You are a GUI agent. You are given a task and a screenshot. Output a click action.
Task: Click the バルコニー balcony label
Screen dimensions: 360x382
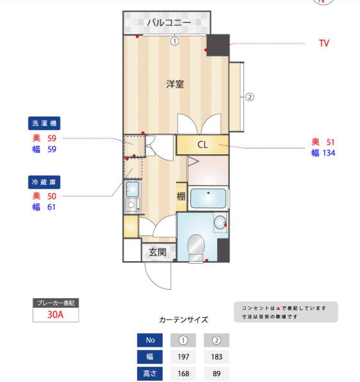[x=168, y=22]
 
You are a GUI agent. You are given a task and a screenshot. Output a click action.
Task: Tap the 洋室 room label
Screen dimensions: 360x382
[x=175, y=84]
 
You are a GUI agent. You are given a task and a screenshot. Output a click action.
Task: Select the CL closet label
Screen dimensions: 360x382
[x=202, y=145]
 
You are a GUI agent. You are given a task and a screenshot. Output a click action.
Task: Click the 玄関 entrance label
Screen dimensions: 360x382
[x=158, y=252]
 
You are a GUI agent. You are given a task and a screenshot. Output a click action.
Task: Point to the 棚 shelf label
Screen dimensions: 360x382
[x=181, y=196]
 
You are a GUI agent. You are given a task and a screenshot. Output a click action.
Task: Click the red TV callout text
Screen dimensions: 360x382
[x=324, y=44]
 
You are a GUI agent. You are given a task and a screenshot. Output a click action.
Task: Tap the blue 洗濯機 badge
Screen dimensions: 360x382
[x=44, y=123]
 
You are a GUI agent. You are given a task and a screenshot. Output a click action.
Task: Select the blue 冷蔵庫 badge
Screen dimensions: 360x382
[x=44, y=182]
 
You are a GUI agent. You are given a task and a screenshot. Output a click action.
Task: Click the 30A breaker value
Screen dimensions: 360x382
[x=55, y=315]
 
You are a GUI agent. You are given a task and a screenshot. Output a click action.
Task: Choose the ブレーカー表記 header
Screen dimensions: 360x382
[x=56, y=303]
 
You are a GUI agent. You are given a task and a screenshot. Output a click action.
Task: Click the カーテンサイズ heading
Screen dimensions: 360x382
[x=183, y=319]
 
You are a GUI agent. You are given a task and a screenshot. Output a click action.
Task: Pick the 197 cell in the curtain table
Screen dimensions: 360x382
[x=183, y=357]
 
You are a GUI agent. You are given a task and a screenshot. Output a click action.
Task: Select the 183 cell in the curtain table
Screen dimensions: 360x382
[x=217, y=357]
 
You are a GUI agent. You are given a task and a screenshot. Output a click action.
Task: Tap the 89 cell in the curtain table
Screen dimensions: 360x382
[x=217, y=374]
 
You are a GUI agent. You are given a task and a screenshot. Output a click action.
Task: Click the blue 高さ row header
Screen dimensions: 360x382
[x=150, y=374]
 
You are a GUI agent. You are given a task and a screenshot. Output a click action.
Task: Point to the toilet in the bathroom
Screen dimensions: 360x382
[x=197, y=248]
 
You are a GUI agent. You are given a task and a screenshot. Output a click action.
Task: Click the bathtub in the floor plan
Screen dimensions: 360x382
[x=208, y=198]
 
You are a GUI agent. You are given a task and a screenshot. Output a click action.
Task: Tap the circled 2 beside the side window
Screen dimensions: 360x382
[x=249, y=97]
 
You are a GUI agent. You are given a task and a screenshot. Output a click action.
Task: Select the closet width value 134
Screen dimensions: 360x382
[x=329, y=153]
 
